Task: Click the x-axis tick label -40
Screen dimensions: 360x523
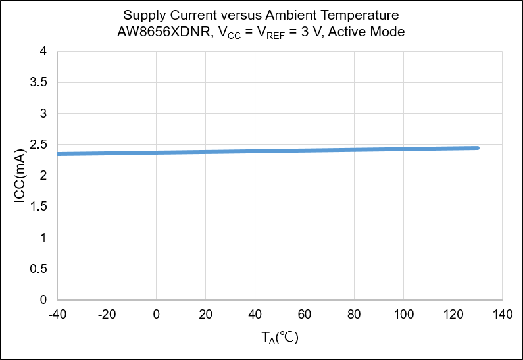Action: tap(57, 315)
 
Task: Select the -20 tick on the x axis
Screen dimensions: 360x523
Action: tap(107, 315)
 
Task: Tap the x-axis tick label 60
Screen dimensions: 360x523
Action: tap(305, 315)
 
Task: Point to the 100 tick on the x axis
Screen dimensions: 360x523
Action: tap(403, 315)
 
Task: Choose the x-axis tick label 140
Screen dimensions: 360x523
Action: tap(503, 315)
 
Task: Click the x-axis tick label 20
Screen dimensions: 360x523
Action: tap(205, 315)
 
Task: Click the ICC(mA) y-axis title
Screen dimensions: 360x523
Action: tap(20, 176)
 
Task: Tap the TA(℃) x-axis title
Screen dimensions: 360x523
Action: tap(280, 338)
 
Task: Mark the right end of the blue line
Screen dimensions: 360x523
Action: tap(478, 148)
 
